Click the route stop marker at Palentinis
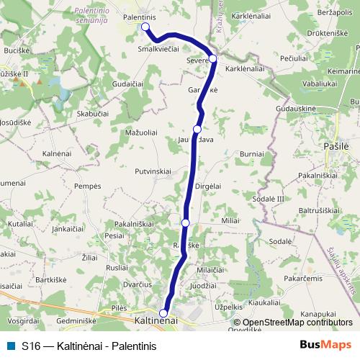pos(145,27)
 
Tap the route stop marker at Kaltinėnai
pos(164,313)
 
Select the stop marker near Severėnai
pos(212,59)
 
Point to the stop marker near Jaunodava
pos(197,129)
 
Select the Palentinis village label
pos(140,16)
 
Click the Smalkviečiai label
pos(158,50)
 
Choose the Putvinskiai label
pos(152,171)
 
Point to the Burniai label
pos(252,154)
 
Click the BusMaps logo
pos(325,345)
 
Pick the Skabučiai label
pos(93,114)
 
